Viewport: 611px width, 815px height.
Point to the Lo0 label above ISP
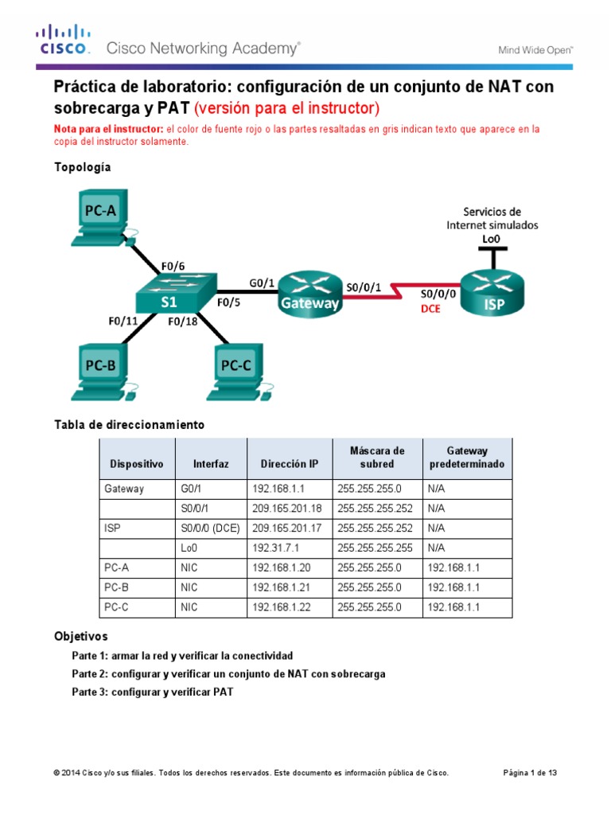[492, 238]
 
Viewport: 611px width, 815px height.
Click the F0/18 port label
[182, 322]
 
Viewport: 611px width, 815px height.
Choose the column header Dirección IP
[289, 464]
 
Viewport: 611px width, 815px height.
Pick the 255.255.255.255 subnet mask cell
[376, 548]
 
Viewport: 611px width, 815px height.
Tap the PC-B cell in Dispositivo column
[116, 587]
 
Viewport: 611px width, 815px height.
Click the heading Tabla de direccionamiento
[129, 424]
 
